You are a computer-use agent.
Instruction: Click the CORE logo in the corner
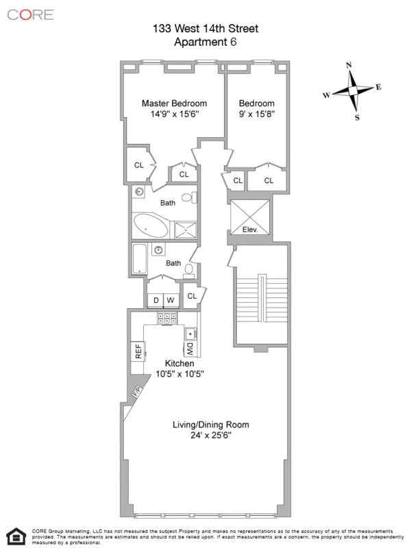[30, 14]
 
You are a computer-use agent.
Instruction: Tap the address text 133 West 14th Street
[206, 28]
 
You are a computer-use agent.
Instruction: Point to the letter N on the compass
[350, 66]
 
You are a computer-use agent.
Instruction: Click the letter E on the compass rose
[377, 88]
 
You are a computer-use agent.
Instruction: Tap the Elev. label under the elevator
[250, 230]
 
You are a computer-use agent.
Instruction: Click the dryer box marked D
[155, 299]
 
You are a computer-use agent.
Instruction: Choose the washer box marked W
[171, 299]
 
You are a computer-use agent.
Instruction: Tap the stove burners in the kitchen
[167, 318]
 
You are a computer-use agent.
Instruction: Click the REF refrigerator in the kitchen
[138, 352]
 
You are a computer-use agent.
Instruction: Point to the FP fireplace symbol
[138, 393]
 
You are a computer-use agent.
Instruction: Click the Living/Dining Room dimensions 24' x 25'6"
[210, 436]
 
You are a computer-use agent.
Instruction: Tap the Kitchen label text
[179, 362]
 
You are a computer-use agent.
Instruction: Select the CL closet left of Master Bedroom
[138, 165]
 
